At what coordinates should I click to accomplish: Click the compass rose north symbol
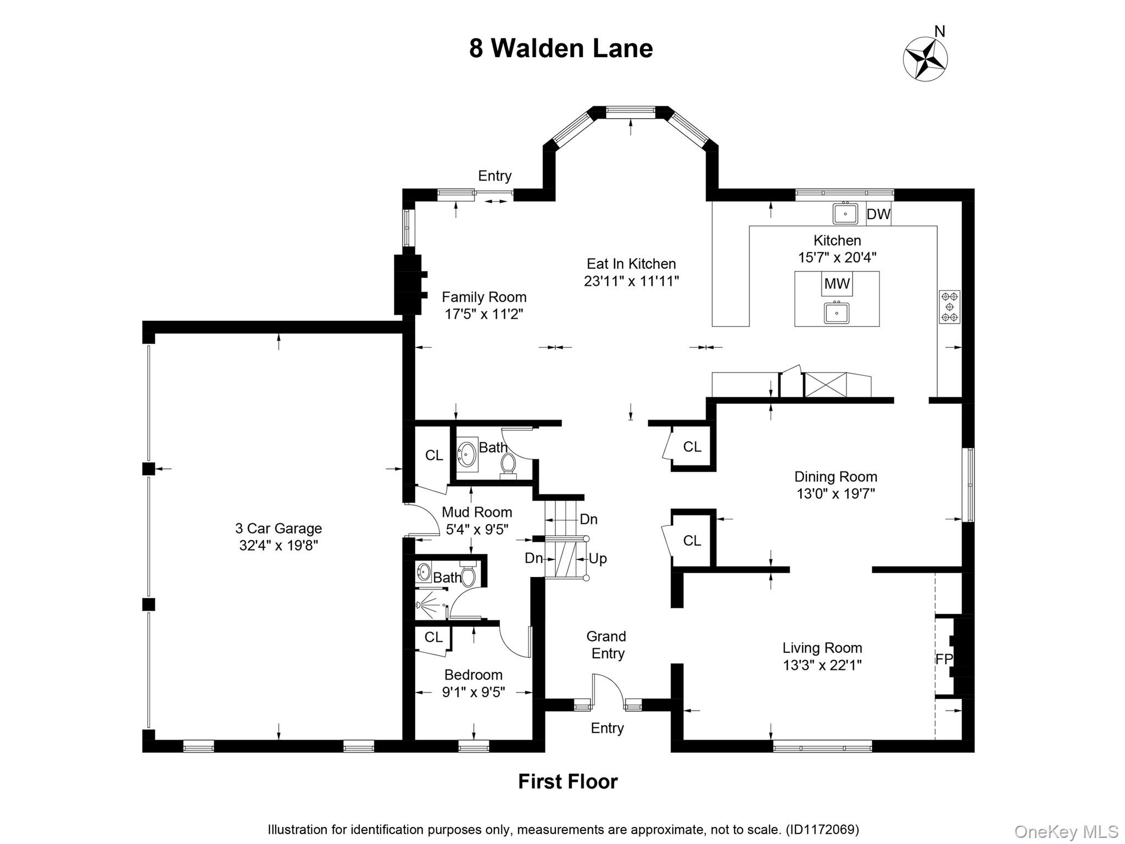click(926, 58)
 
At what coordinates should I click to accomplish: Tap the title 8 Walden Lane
click(561, 48)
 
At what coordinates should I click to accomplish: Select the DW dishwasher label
click(878, 214)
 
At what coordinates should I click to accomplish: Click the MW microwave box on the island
click(837, 284)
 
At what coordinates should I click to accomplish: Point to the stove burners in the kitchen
click(949, 307)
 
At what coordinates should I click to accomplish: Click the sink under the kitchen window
click(845, 213)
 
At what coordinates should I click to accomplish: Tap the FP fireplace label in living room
click(943, 659)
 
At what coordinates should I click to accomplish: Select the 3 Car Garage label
click(279, 529)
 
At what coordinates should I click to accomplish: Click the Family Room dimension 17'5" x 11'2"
click(483, 314)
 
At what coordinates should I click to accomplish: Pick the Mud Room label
click(477, 512)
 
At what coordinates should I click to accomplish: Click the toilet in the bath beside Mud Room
click(508, 465)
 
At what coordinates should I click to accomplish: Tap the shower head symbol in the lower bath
click(420, 605)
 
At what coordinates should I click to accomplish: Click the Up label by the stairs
click(598, 559)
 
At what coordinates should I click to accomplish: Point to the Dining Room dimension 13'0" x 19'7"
click(836, 493)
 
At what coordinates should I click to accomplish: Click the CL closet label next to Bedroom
click(433, 637)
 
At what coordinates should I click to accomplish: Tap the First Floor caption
click(567, 781)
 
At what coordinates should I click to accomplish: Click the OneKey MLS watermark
click(1066, 832)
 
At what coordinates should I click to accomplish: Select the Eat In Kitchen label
click(631, 264)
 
